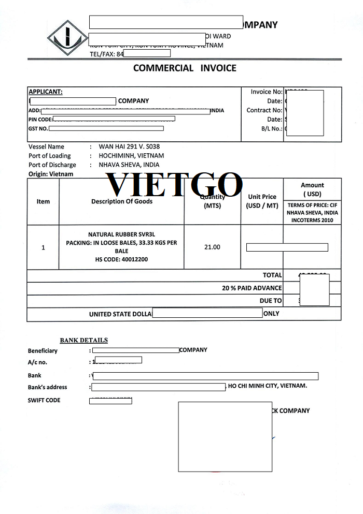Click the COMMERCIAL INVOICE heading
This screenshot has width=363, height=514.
pos(185,68)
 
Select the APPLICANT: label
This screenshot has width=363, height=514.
pos(45,92)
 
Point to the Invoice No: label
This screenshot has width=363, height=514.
pos(267,92)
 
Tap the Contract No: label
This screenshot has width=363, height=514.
pos(264,110)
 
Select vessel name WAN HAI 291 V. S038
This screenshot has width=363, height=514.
pos(129,146)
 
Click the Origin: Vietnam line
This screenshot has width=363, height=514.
pos(51,174)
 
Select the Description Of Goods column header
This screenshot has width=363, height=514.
pos(122,201)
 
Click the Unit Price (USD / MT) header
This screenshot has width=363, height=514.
pos(262,201)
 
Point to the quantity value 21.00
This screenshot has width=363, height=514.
pos(212,247)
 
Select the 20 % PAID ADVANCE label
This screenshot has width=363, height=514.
pos(252,288)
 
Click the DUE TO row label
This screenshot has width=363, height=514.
pos(271,300)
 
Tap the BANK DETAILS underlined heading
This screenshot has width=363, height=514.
pos(83,340)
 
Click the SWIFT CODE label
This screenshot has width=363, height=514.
pos(44,400)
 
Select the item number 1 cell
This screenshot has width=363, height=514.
pos(43,247)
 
